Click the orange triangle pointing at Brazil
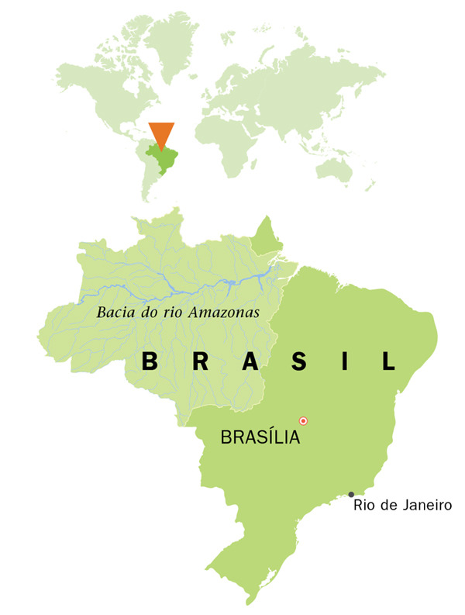162,133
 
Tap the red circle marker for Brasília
304,420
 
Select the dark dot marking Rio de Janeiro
351,494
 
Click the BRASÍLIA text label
260,437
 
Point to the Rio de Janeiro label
402,506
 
